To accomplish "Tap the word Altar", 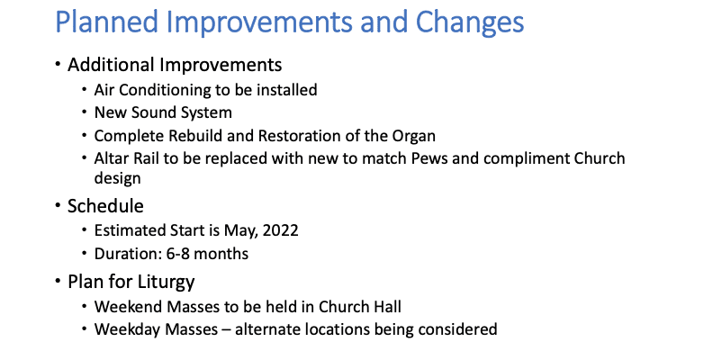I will [x=114, y=158].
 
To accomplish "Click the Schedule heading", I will [x=105, y=206].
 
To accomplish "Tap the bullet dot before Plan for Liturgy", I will [x=58, y=281].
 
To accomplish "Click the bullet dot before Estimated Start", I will [x=85, y=231].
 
